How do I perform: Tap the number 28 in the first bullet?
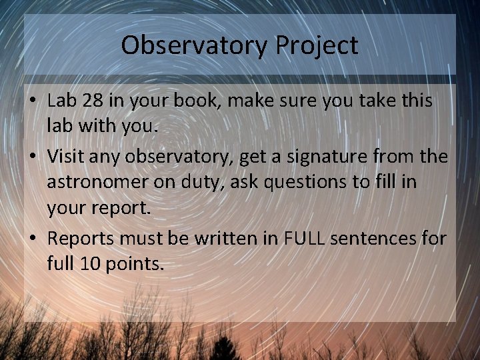tap(93, 102)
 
